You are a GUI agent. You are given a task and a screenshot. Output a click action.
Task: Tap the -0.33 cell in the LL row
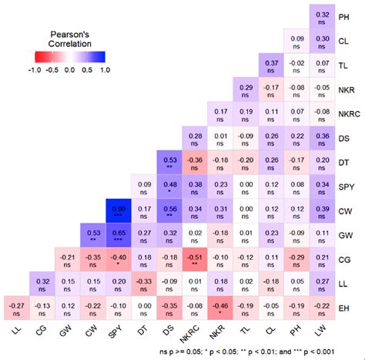[x=143, y=285]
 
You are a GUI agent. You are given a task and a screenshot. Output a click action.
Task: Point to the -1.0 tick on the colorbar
[x=12, y=69]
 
